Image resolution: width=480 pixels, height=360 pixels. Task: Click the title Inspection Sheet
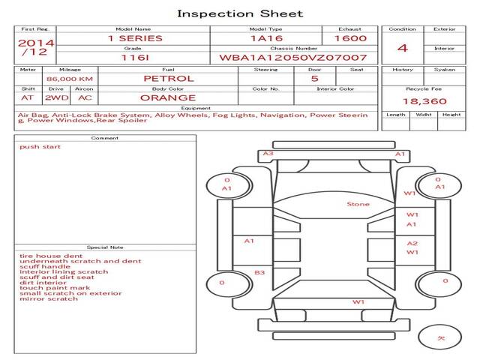pyautogui.click(x=240, y=13)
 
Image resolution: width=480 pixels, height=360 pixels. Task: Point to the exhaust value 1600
pyautogui.click(x=350, y=38)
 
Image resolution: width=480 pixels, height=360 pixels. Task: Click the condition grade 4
pyautogui.click(x=403, y=48)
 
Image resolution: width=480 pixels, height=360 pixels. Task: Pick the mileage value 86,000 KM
pyautogui.click(x=69, y=79)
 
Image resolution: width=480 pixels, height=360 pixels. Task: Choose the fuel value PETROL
pyautogui.click(x=168, y=78)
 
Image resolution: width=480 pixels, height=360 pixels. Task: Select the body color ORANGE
pyautogui.click(x=168, y=97)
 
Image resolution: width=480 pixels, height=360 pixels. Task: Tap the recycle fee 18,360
pyautogui.click(x=424, y=101)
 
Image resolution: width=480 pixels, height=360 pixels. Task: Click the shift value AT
pyautogui.click(x=27, y=97)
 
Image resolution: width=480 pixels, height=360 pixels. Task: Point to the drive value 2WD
pyautogui.click(x=54, y=97)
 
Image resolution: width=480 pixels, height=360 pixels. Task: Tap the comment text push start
pyautogui.click(x=40, y=147)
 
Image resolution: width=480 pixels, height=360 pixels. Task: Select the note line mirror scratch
pyautogui.click(x=49, y=298)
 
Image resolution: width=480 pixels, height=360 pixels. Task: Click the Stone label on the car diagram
pyautogui.click(x=358, y=204)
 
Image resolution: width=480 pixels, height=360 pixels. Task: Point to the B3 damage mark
pyautogui.click(x=259, y=273)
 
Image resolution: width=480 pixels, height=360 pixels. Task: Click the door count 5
pyautogui.click(x=314, y=78)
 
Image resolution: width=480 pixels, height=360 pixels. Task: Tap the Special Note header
pyautogui.click(x=104, y=247)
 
